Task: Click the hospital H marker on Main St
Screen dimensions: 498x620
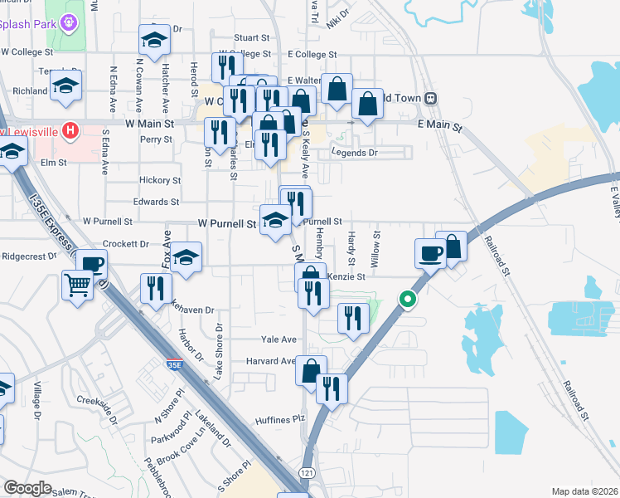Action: click(x=70, y=131)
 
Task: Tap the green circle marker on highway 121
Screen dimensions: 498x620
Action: click(x=406, y=300)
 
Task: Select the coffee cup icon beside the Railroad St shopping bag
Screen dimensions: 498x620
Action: click(x=429, y=253)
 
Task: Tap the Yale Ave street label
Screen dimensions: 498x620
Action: click(x=279, y=339)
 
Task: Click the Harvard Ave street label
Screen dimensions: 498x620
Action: click(x=270, y=361)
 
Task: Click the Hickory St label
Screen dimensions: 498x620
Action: click(x=160, y=180)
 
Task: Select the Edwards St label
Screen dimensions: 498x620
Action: click(x=156, y=202)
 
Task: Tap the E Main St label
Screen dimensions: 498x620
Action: click(x=439, y=123)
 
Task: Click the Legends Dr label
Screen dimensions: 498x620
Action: click(x=354, y=153)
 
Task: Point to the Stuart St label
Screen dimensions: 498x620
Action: click(x=252, y=38)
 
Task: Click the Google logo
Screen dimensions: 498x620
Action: click(x=27, y=488)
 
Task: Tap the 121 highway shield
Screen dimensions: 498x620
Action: click(x=308, y=471)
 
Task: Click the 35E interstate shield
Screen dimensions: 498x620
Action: click(x=173, y=364)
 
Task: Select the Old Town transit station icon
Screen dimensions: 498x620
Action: click(x=430, y=99)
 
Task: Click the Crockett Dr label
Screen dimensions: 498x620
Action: click(x=125, y=245)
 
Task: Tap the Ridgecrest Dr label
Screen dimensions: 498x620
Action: click(x=29, y=256)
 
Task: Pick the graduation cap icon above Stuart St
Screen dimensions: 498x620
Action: click(x=153, y=39)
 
